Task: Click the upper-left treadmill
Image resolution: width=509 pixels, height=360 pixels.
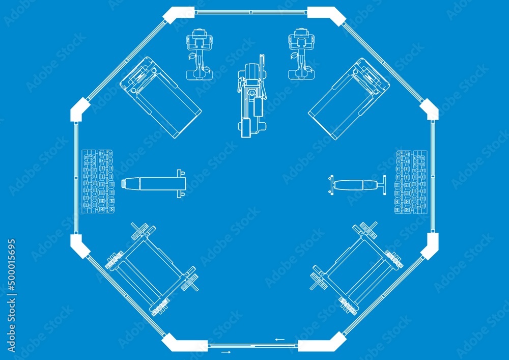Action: [x=160, y=97]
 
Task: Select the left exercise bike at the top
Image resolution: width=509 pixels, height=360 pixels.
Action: [x=199, y=55]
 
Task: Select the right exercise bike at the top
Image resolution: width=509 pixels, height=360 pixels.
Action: [x=301, y=55]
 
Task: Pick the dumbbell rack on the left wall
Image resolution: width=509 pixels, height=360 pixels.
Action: [x=98, y=181]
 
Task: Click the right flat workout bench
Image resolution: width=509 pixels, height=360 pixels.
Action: [x=357, y=185]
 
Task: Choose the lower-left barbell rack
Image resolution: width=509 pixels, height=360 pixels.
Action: [x=152, y=268]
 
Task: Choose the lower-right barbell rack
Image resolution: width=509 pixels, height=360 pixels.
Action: [x=356, y=268]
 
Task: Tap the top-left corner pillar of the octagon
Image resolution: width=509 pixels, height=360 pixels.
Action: [x=179, y=14]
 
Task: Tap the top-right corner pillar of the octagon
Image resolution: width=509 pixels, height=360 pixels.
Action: [x=326, y=14]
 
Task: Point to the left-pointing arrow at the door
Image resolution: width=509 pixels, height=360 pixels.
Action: [x=279, y=339]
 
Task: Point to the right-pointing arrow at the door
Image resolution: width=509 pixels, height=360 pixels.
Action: [x=225, y=351]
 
